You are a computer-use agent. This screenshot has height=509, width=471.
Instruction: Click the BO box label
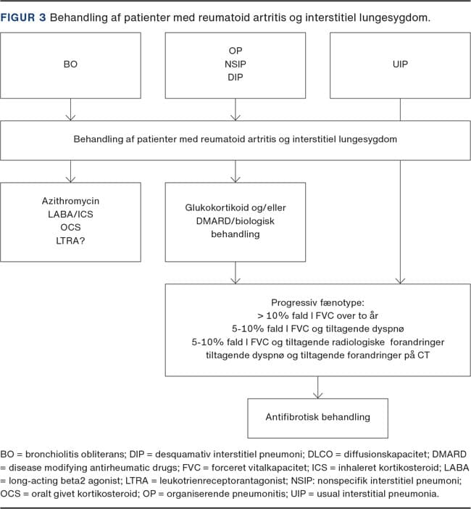coord(70,65)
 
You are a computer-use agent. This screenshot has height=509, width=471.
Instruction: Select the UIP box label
coord(400,65)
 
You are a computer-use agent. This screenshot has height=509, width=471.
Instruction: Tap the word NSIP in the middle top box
coord(236,65)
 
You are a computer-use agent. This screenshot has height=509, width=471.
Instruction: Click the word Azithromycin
coord(70,201)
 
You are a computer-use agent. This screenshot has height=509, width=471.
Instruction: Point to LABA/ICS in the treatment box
coord(70,214)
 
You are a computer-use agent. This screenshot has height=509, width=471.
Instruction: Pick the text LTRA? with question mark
coord(70,241)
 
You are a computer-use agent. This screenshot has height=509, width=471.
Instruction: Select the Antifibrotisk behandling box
coord(317,418)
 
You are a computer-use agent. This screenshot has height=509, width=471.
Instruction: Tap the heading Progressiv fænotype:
coord(317,302)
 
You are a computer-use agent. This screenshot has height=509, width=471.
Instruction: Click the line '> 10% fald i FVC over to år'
coord(317,315)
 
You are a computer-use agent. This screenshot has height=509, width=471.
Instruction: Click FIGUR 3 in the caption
coord(23,17)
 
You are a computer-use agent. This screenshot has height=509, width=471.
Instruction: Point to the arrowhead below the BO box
coord(70,117)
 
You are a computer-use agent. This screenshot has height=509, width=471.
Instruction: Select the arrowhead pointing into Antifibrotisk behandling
coord(317,394)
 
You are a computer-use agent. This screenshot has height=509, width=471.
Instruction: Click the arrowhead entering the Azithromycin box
coord(70,179)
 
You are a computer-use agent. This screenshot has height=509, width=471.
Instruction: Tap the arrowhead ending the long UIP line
coord(400,281)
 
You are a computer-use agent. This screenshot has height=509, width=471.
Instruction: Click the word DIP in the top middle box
coord(236,78)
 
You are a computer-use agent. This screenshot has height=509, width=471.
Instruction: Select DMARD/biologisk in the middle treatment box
coord(236,221)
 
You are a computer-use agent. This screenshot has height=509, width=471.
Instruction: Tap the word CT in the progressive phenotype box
coord(424,355)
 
